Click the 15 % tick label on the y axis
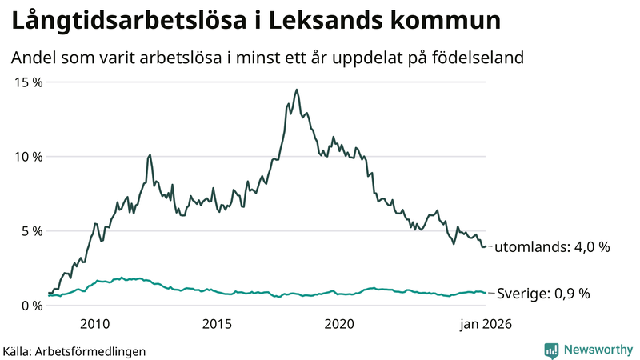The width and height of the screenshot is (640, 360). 26,82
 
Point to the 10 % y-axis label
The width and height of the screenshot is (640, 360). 26,157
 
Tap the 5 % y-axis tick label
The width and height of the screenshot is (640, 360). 30,231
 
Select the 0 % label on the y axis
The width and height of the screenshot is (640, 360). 30,306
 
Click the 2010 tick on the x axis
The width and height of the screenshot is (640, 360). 95,324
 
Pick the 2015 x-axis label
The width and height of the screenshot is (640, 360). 217,324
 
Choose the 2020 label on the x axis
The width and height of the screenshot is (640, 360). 339,324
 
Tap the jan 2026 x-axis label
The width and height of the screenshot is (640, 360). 484,324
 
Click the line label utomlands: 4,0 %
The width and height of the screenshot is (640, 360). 552,247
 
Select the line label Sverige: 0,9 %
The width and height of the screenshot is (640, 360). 543,294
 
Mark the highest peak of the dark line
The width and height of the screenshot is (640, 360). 297,90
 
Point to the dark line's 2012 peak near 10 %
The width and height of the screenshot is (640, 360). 150,154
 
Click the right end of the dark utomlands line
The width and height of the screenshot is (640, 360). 486,246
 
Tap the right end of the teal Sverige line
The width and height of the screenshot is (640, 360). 486,293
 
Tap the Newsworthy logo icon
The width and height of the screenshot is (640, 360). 551,350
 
